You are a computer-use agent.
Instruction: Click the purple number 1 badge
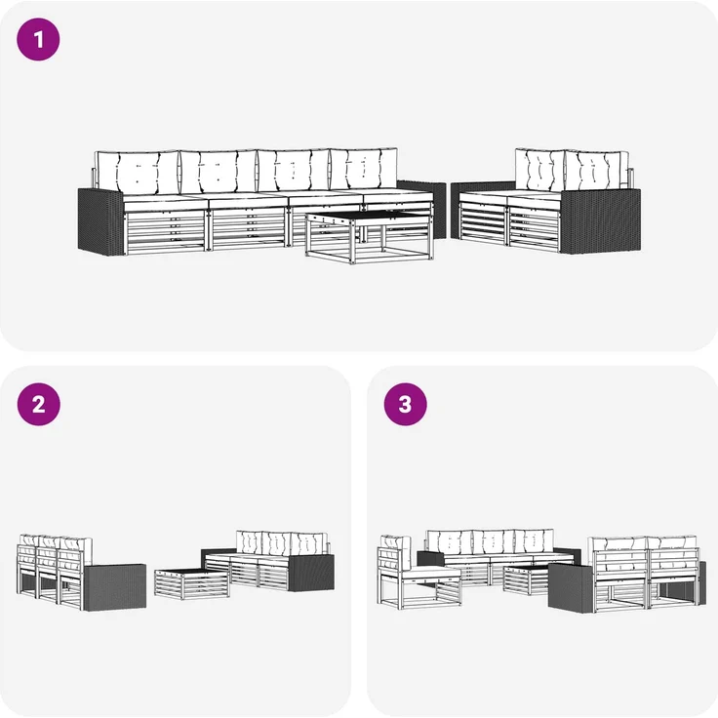(38, 39)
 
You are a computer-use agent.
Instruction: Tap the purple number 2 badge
(38, 404)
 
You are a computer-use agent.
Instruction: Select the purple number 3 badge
(405, 404)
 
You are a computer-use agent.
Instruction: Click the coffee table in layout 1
(370, 237)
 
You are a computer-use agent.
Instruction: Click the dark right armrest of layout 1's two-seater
(600, 220)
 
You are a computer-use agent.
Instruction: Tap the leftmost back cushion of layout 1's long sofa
(137, 173)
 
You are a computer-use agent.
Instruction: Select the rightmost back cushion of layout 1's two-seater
(597, 171)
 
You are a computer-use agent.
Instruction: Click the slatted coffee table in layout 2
(192, 583)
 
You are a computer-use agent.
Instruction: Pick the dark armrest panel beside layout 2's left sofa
(115, 587)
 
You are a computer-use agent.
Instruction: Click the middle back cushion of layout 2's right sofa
(277, 544)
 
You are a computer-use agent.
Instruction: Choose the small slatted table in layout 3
(526, 580)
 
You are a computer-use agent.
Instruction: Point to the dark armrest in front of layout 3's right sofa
(570, 587)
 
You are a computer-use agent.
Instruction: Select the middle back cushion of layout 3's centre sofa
(494, 541)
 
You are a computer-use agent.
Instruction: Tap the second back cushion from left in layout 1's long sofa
(219, 172)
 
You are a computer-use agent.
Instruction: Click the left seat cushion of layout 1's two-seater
(484, 198)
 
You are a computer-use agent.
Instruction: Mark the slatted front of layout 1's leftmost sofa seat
(165, 230)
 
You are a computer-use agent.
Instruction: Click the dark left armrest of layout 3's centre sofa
(430, 558)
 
